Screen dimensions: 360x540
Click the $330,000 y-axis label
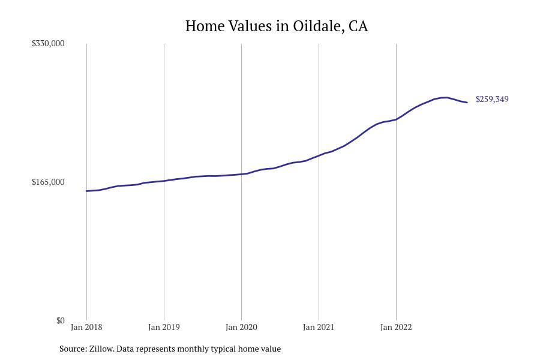[x=48, y=43]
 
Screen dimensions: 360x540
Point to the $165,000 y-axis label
[x=48, y=182]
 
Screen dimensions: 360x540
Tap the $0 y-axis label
[x=60, y=320]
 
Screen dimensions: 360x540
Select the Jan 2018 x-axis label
[x=86, y=327]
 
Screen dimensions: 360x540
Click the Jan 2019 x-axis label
[x=164, y=327]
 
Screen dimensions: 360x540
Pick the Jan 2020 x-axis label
[x=241, y=327]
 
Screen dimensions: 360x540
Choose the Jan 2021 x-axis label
[x=319, y=327]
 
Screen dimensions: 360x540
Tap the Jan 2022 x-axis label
[x=396, y=327]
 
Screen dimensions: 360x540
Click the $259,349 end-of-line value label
[x=492, y=99]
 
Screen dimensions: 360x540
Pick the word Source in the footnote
[x=73, y=349]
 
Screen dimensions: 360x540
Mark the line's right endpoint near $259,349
[x=467, y=103]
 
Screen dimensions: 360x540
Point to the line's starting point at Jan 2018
[x=86, y=191]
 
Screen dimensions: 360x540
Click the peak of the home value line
[x=445, y=97]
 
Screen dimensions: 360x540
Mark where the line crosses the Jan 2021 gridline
[x=319, y=155]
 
